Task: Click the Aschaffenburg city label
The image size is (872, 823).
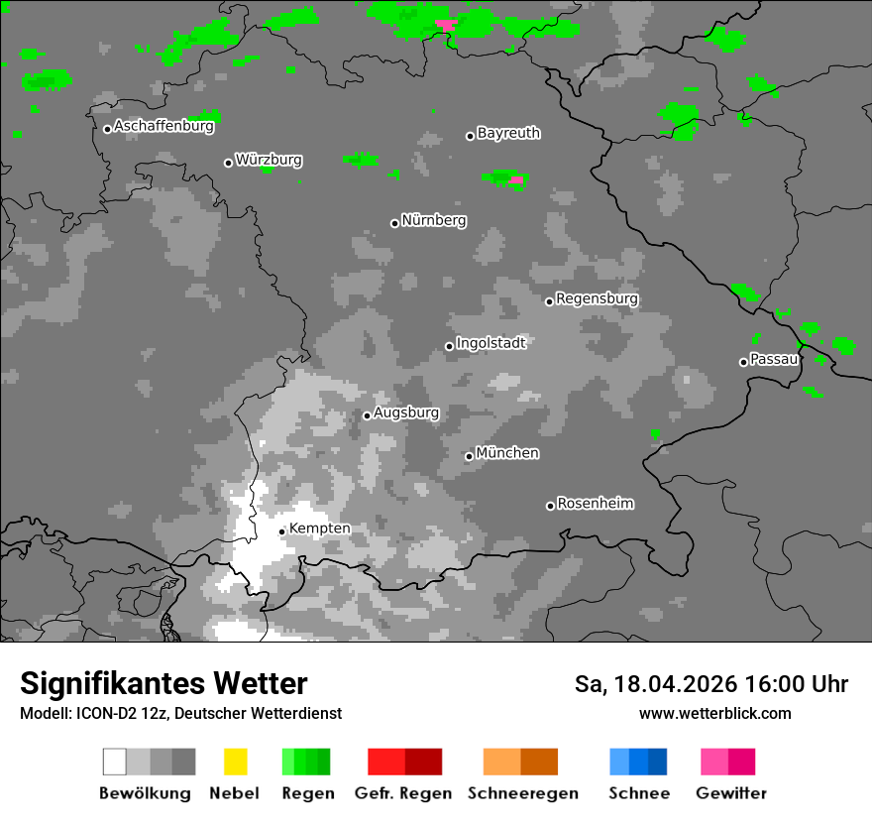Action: pos(163,127)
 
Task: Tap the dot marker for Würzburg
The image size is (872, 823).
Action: pos(228,163)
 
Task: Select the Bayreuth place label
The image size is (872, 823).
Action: pos(508,133)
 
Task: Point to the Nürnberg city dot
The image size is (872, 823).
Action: pos(394,223)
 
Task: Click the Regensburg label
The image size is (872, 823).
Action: pos(597,298)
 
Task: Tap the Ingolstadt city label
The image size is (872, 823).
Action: pos(490,343)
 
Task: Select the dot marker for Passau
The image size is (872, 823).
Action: pos(743,362)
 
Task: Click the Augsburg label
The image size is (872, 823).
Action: pos(405,412)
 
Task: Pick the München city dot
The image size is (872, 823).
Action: pos(469,456)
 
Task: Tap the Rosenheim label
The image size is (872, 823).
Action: pos(595,504)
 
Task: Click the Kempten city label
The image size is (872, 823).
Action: pos(319,529)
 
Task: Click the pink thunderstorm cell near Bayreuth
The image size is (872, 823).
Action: pos(516,179)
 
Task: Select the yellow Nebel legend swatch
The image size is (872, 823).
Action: pos(235,762)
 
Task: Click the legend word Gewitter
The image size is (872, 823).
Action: pos(731,793)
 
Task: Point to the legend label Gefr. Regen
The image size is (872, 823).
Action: pos(402,793)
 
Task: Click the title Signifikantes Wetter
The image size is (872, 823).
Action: pos(163,683)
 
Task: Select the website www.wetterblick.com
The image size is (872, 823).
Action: pos(714,713)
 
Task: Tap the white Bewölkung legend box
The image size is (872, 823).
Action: pos(115,762)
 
